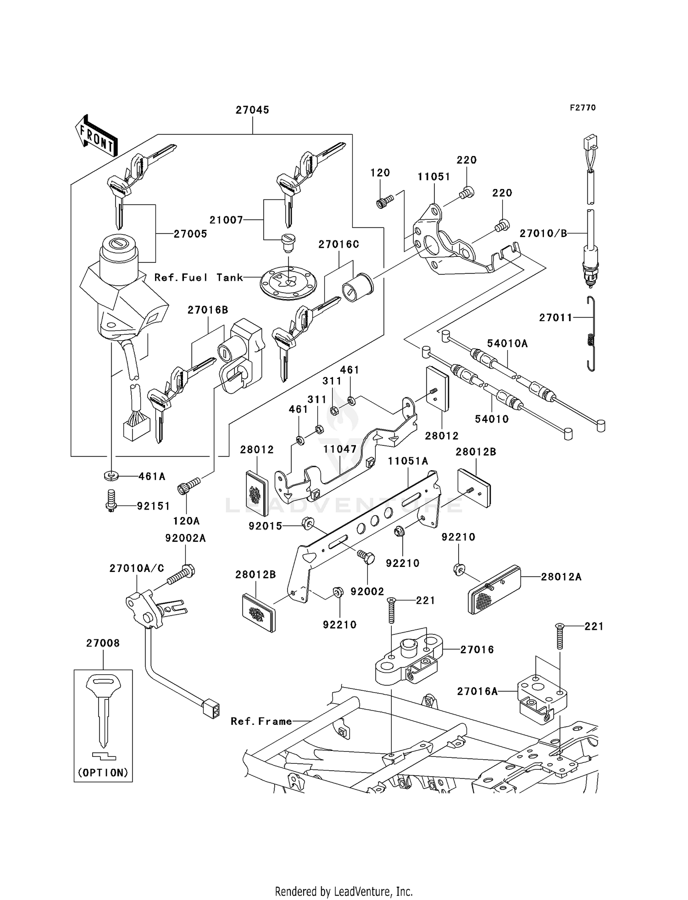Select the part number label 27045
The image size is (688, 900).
coord(252,110)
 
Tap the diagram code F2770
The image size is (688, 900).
coord(583,108)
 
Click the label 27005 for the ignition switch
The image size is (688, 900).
coord(190,234)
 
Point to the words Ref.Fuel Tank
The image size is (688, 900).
coord(199,278)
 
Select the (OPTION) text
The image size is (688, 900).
coord(103,773)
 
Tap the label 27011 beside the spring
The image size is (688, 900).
coord(555,317)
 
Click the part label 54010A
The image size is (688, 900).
coord(507,344)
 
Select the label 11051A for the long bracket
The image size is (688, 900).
coord(408,461)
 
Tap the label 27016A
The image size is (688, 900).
coord(477,691)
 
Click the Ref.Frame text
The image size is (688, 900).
coord(261,722)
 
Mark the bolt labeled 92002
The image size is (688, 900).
coord(366,558)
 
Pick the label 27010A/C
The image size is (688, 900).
coord(137,569)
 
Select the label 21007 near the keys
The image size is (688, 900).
coord(226,220)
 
